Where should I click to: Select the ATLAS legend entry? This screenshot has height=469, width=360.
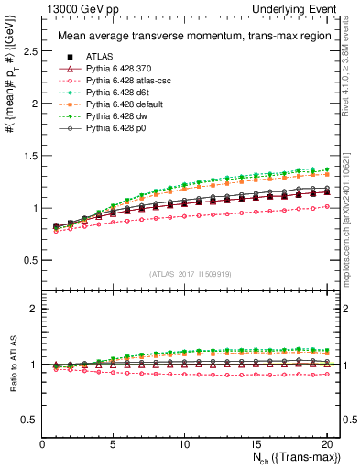[99, 57]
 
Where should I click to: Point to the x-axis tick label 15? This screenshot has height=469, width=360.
[256, 444]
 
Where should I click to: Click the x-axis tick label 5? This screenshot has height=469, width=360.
[114, 444]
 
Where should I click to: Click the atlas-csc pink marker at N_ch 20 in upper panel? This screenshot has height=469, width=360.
[326, 207]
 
